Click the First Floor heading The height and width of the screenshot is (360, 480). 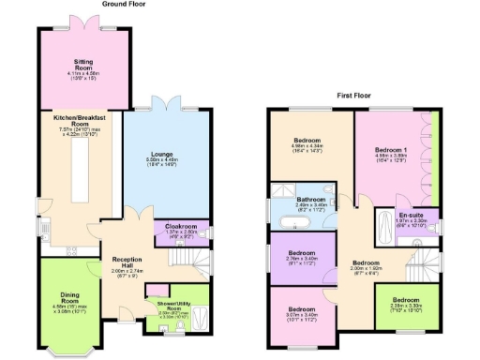click(x=359, y=96)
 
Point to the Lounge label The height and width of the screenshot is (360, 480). click(x=163, y=155)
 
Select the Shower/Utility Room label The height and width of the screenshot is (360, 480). click(x=168, y=307)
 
